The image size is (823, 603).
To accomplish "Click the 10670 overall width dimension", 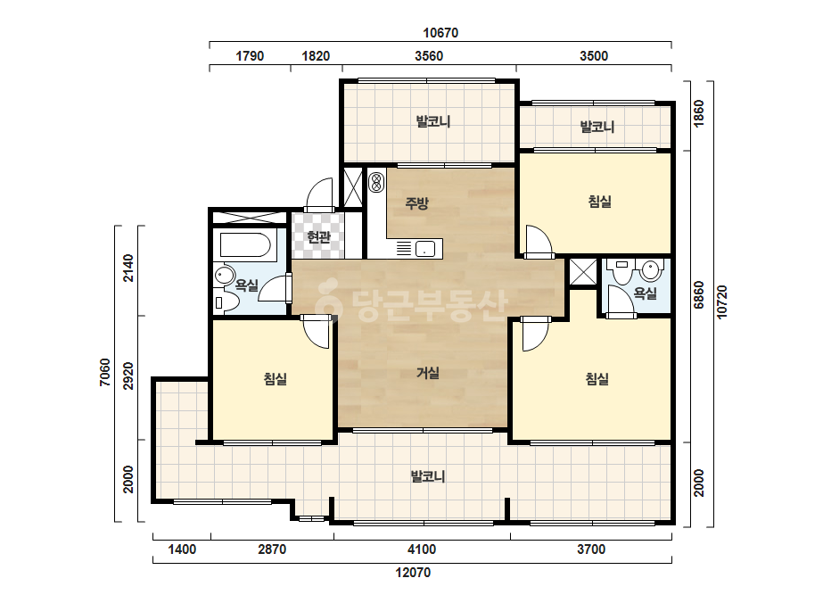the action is pos(440,33).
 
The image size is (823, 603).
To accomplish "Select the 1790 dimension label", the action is pos(250,56).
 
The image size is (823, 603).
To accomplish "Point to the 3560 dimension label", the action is pos(429,56).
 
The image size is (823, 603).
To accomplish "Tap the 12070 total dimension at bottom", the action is pos(413,573).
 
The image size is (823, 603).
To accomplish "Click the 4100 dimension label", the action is pos(422,549).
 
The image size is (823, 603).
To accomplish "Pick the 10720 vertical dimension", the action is pos(721,301).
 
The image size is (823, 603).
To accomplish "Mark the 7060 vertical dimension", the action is pos(105,372).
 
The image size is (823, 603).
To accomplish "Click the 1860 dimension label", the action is pos(698,113).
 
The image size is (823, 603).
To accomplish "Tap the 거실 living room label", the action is pos(428,373).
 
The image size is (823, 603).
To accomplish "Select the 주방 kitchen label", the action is pos(416,202).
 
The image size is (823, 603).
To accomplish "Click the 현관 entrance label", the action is pos(318,237).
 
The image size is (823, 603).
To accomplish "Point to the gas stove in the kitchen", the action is pos(375,182).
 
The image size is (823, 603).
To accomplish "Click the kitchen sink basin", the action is pos(425,249).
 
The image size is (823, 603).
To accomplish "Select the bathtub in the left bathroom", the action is pos(245,244).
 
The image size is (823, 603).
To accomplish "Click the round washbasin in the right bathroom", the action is pos(650,270).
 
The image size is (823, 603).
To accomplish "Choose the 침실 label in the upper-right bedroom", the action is pos(599,202).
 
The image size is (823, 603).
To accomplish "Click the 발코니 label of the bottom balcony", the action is pos(428,476).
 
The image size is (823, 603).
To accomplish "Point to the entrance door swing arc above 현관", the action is pos(319,194).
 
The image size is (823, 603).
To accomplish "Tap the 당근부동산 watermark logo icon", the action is pos(328,302).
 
